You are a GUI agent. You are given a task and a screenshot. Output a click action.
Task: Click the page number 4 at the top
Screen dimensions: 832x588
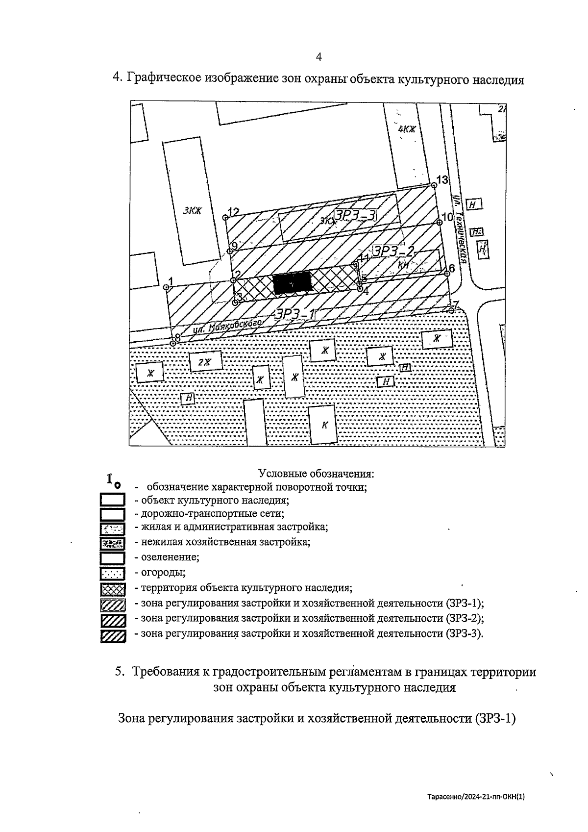tap(318, 57)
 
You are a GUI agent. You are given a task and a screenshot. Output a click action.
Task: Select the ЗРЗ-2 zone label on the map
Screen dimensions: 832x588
tap(393, 252)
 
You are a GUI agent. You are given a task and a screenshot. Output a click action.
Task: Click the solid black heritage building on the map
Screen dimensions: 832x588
tap(292, 283)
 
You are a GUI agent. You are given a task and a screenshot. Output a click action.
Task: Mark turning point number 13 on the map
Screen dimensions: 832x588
tap(434, 185)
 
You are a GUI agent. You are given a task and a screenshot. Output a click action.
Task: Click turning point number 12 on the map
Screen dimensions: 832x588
tap(225, 217)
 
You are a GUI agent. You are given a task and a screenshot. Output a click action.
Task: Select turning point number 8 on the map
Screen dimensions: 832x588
tap(173, 343)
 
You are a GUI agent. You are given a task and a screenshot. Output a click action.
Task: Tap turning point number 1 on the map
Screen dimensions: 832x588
tap(166, 287)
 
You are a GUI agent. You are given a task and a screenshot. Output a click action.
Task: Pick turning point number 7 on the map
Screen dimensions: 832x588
tap(451, 309)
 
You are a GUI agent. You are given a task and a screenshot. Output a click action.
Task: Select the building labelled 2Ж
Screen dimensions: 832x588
tap(205, 362)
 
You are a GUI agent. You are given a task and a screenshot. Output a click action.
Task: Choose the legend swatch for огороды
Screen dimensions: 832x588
tap(112, 573)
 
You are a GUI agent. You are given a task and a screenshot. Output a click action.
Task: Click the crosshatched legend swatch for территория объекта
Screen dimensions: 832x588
tap(112, 588)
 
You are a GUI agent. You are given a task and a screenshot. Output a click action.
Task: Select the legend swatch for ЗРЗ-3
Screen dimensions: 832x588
tap(112, 635)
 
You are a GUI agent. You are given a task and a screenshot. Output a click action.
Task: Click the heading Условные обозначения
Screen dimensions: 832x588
tap(316, 474)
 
